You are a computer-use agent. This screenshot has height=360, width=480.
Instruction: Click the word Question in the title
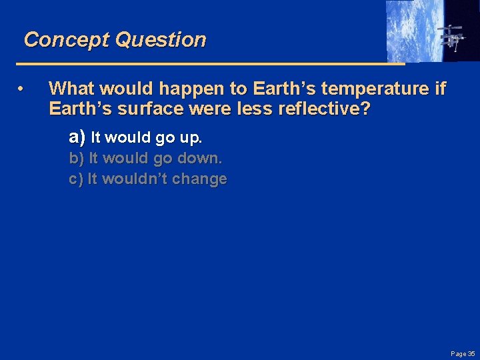(x=161, y=40)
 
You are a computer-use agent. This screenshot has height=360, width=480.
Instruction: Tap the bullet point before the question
(x=22, y=89)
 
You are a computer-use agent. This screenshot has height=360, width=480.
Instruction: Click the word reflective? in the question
(x=324, y=109)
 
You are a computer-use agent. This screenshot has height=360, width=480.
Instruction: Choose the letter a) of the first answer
(x=77, y=138)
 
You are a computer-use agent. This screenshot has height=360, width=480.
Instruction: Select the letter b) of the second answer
(x=77, y=159)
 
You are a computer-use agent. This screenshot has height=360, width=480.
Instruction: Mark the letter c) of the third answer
(x=76, y=179)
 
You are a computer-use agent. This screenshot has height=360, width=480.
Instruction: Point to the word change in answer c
(x=203, y=179)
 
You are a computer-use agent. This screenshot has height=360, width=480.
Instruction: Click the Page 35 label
(x=461, y=353)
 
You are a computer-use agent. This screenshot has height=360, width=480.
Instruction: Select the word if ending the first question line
(x=439, y=88)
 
